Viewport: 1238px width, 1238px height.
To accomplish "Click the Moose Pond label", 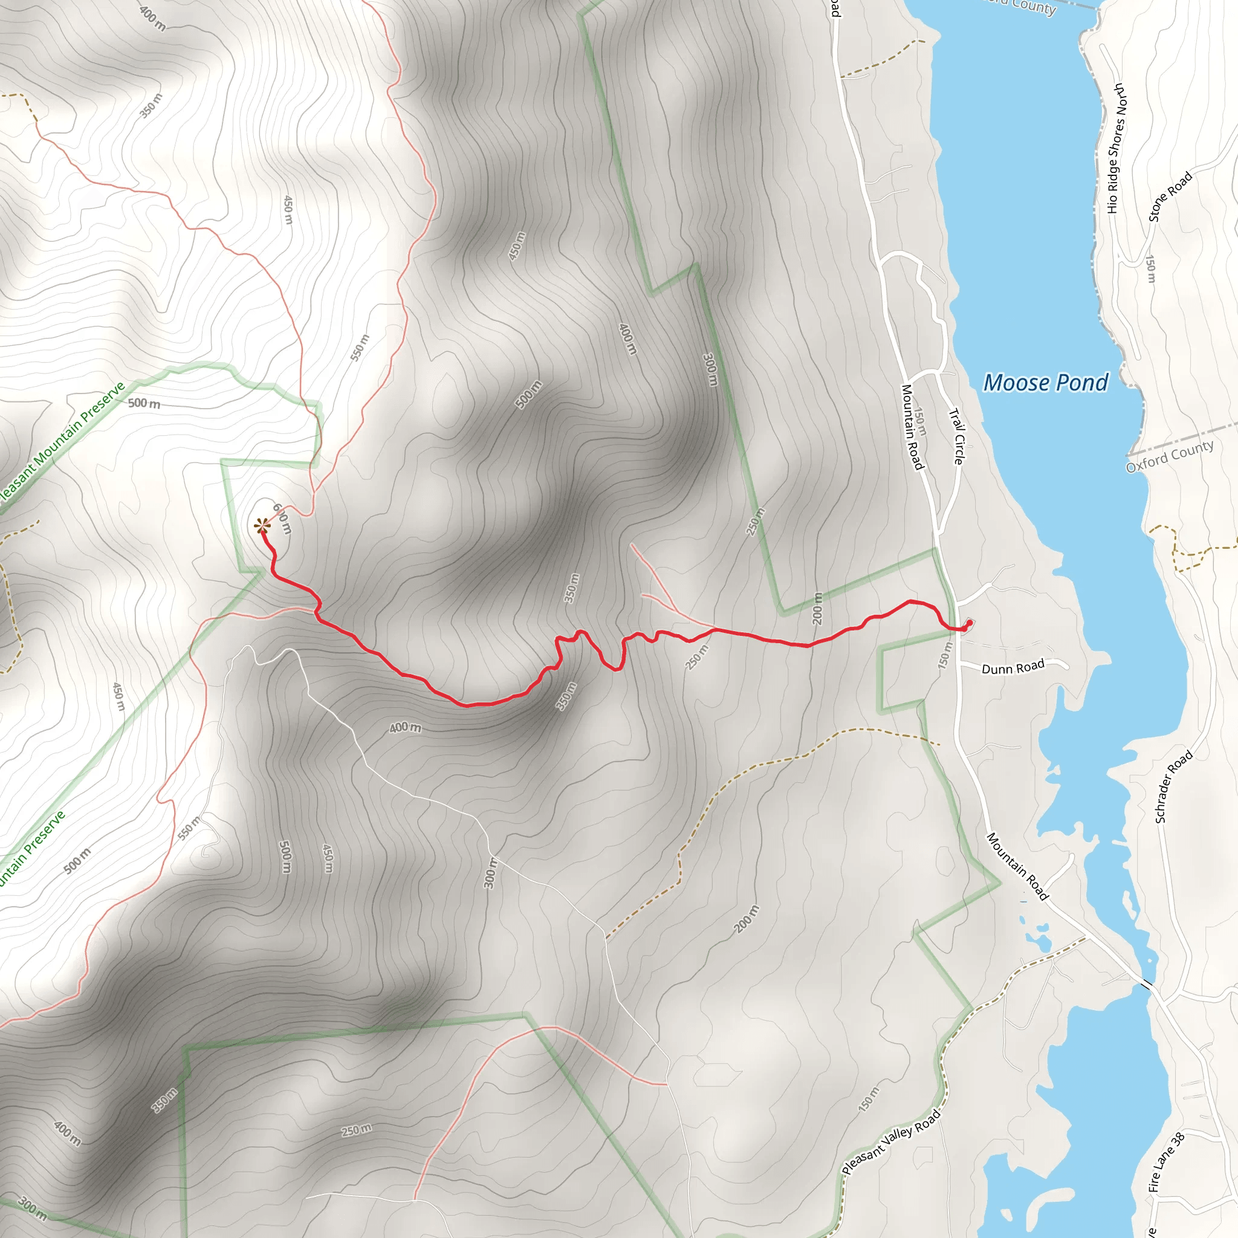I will pyautogui.click(x=1045, y=383).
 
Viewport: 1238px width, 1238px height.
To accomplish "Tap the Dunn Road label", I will pyautogui.click(x=1013, y=668).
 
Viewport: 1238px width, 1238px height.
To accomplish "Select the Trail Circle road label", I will pyautogui.click(x=956, y=436).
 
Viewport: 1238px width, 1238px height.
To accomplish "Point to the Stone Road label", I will pyautogui.click(x=1170, y=196).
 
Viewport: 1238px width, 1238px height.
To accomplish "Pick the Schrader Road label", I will pyautogui.click(x=1173, y=786).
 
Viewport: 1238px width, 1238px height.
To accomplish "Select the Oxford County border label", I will pyautogui.click(x=1170, y=456).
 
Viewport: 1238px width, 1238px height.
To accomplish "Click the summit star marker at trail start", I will pyautogui.click(x=261, y=527).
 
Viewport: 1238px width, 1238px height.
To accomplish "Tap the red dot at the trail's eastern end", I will pyautogui.click(x=968, y=623).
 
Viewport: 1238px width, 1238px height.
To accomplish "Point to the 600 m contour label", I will pyautogui.click(x=282, y=519).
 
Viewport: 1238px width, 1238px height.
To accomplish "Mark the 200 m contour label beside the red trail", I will pyautogui.click(x=817, y=608).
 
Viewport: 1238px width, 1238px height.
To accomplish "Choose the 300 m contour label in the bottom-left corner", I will pyautogui.click(x=32, y=1208).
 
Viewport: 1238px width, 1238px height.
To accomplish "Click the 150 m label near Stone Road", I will pyautogui.click(x=1151, y=269).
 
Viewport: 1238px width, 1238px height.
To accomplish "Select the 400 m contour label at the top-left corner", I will pyautogui.click(x=152, y=19).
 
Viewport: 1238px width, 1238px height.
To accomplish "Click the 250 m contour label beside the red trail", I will pyautogui.click(x=697, y=658).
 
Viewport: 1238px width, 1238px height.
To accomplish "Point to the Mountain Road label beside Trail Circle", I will pyautogui.click(x=912, y=427).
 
